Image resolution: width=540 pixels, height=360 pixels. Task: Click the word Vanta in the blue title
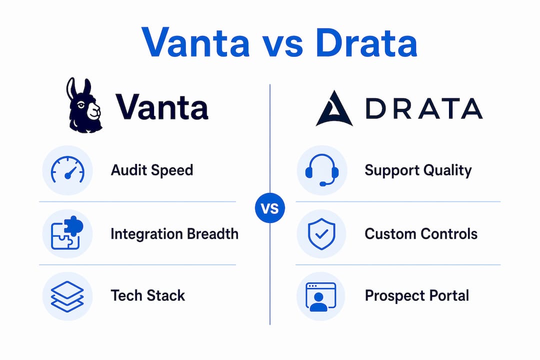[195, 42]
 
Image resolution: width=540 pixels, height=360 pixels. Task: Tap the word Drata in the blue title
[366, 42]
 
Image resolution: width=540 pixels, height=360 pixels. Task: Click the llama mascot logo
[83, 105]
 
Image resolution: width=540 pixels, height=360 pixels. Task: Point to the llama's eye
[81, 104]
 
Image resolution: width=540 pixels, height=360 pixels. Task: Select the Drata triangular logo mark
[334, 109]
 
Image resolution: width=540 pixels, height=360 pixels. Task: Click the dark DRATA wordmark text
[424, 108]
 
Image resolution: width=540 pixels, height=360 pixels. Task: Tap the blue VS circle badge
[270, 208]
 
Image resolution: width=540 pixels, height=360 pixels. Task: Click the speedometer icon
[67, 169]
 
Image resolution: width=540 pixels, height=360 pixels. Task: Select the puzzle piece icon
[67, 233]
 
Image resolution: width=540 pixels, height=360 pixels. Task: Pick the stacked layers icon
[67, 296]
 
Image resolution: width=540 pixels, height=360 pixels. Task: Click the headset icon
[322, 170]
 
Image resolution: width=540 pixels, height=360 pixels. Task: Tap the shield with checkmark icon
[321, 233]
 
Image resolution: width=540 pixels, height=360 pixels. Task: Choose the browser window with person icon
[321, 296]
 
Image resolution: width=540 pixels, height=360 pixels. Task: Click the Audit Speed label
[152, 170]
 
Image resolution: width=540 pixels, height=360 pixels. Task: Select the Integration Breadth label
[174, 234]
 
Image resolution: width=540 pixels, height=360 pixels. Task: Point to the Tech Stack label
[147, 295]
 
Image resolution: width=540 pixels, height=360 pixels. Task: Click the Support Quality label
[418, 170]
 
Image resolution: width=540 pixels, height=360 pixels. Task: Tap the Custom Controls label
[421, 234]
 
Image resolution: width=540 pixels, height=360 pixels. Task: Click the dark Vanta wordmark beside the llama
[161, 107]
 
